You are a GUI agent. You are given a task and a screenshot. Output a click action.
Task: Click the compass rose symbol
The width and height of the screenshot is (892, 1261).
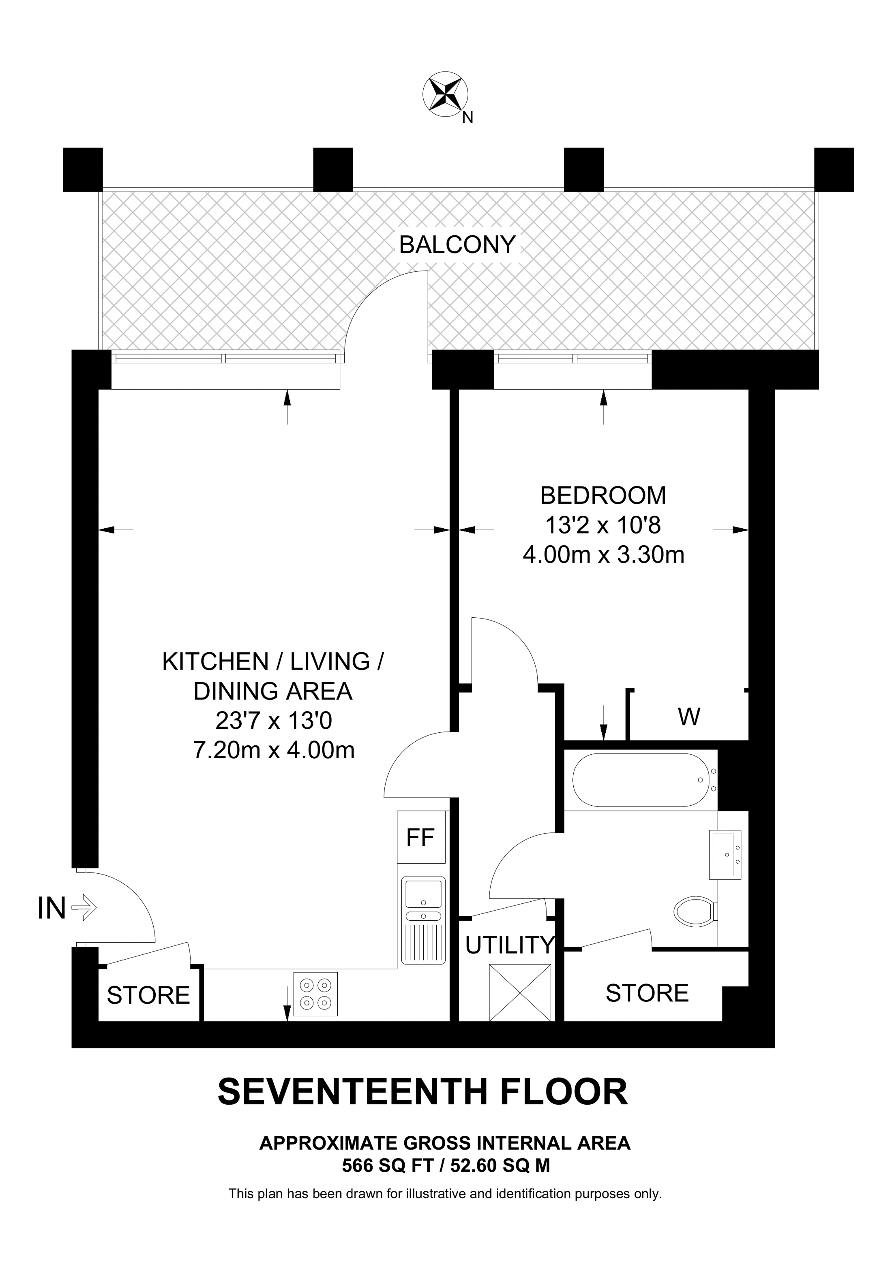point(445,94)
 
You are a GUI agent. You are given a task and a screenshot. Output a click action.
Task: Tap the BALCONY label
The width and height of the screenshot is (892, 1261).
point(457,244)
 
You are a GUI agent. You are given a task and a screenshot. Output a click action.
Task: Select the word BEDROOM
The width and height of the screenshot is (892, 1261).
point(603,495)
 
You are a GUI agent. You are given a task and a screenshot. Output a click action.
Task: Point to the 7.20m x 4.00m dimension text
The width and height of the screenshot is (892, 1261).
point(274,750)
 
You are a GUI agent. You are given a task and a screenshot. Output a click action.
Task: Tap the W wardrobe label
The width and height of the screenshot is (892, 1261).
point(689,716)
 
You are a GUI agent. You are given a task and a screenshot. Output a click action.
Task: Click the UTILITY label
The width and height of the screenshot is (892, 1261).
point(510,945)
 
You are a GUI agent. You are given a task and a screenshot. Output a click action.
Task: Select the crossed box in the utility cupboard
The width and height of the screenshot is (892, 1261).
point(520,993)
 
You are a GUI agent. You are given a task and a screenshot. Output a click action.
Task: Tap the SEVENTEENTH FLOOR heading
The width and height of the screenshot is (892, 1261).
point(423,1092)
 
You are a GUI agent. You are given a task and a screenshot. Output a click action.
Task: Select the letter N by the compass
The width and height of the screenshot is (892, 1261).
point(468,117)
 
